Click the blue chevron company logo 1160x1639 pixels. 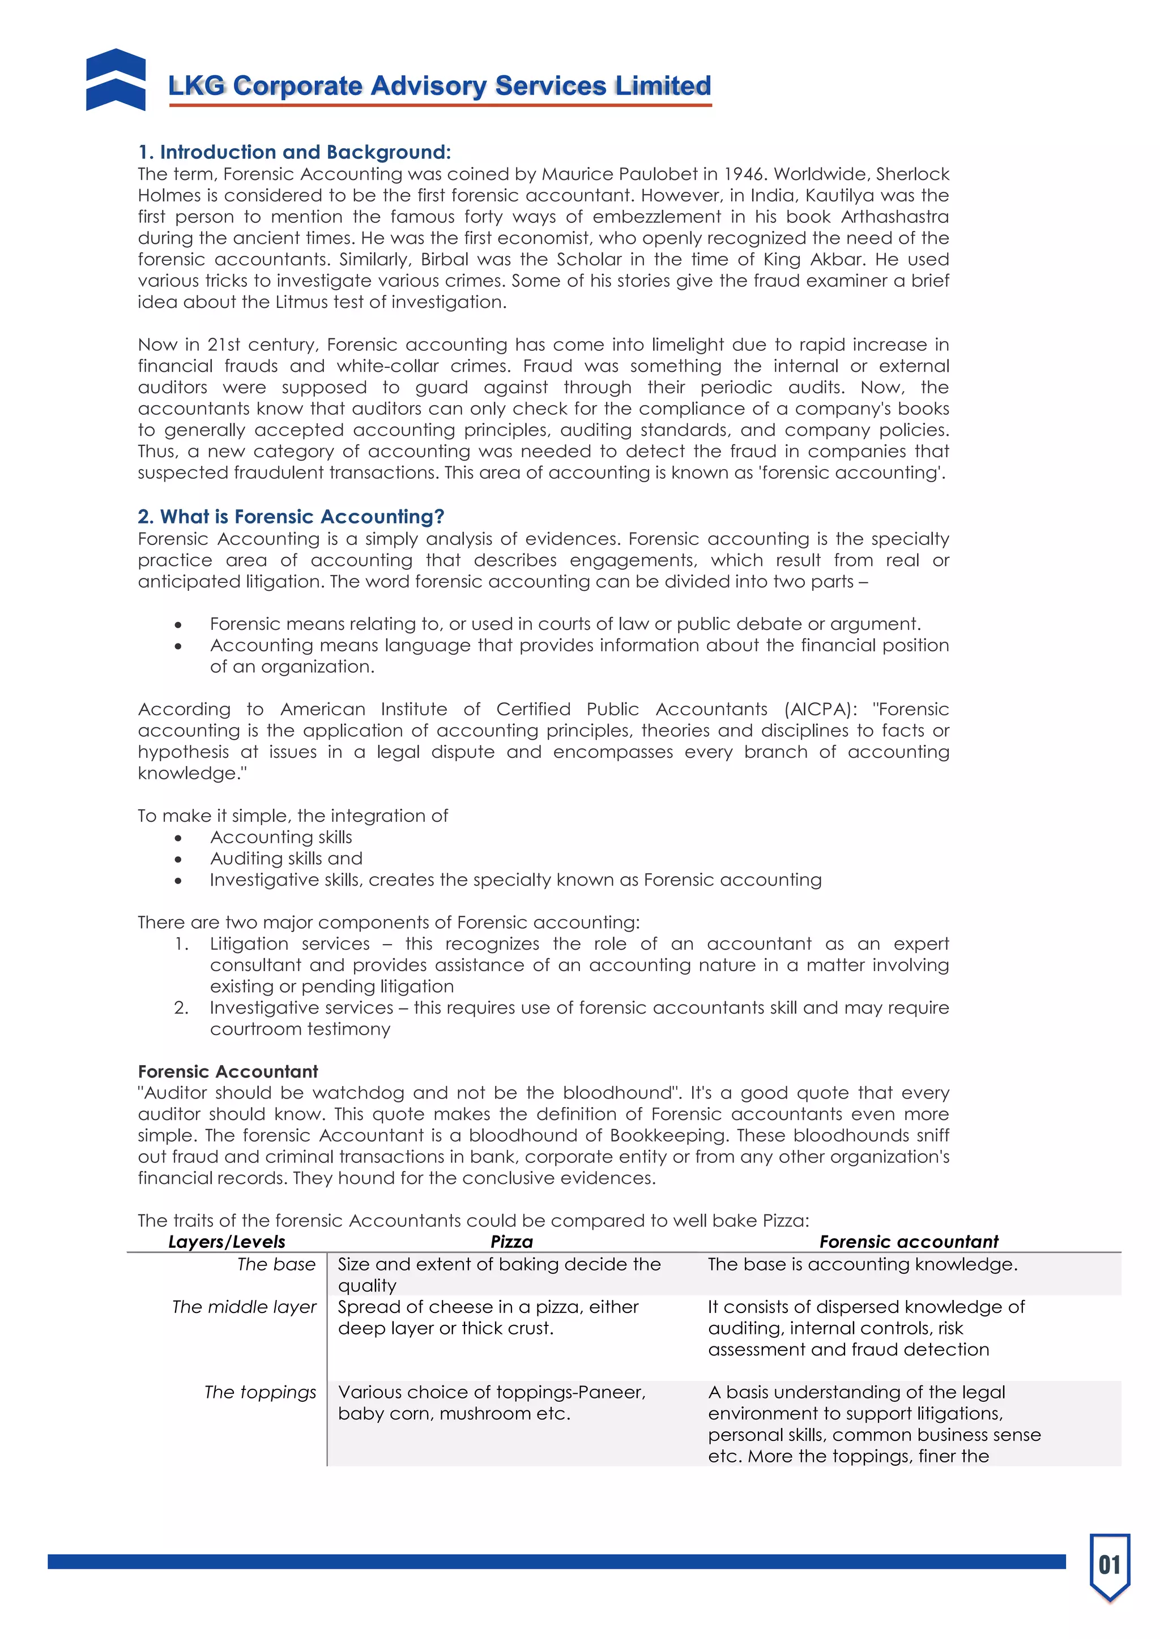click(x=116, y=80)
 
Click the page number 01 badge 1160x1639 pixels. click(x=1109, y=1565)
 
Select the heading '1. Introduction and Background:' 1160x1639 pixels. click(x=295, y=152)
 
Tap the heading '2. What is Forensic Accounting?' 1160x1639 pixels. click(x=291, y=516)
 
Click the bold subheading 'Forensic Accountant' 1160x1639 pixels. click(x=228, y=1071)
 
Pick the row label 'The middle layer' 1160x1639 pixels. click(x=244, y=1307)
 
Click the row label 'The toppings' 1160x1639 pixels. click(x=260, y=1393)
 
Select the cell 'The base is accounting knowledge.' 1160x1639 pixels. click(x=862, y=1264)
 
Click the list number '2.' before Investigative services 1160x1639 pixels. click(x=181, y=1008)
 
